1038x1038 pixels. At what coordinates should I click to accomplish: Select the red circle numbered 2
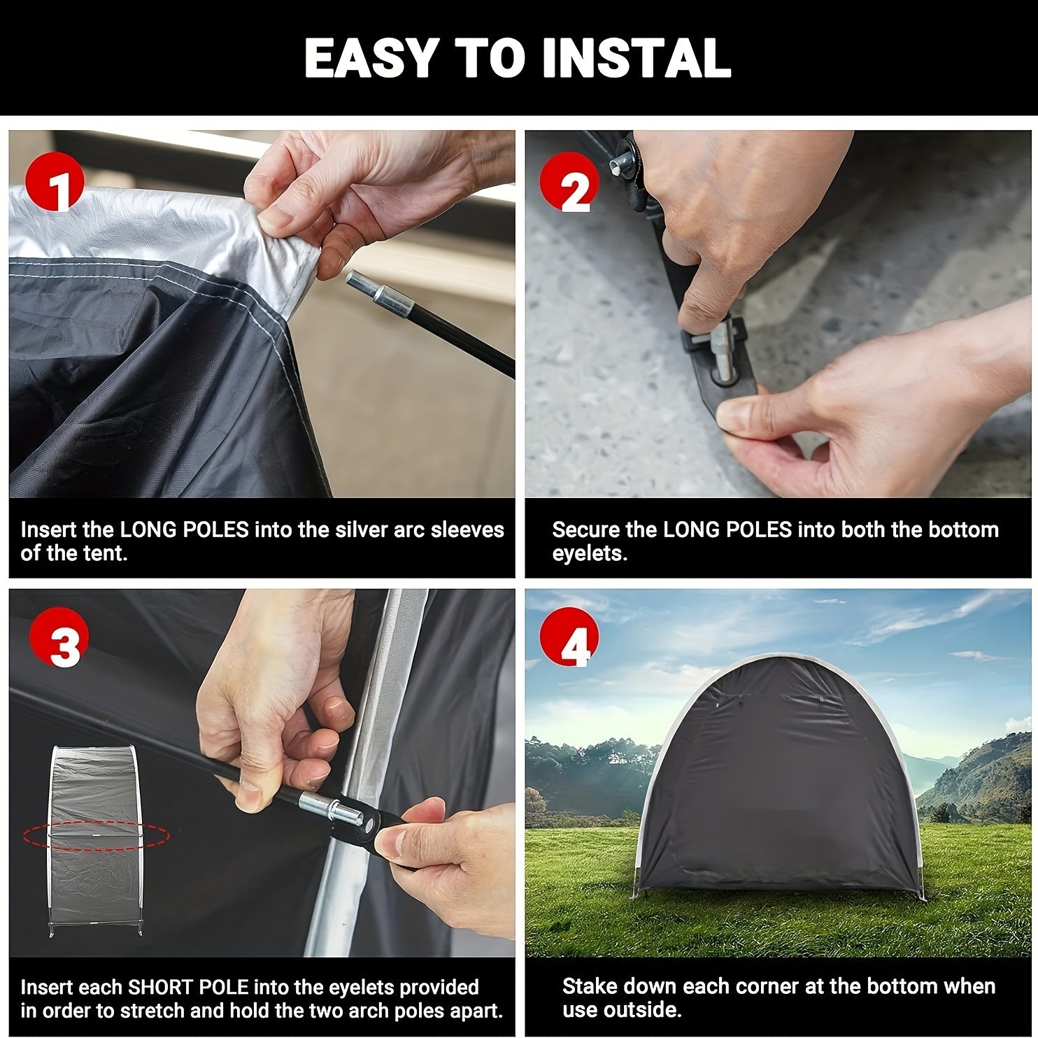(569, 183)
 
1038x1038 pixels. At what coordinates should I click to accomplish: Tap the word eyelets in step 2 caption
(589, 553)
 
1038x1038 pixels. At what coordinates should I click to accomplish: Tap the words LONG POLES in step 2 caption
(727, 529)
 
